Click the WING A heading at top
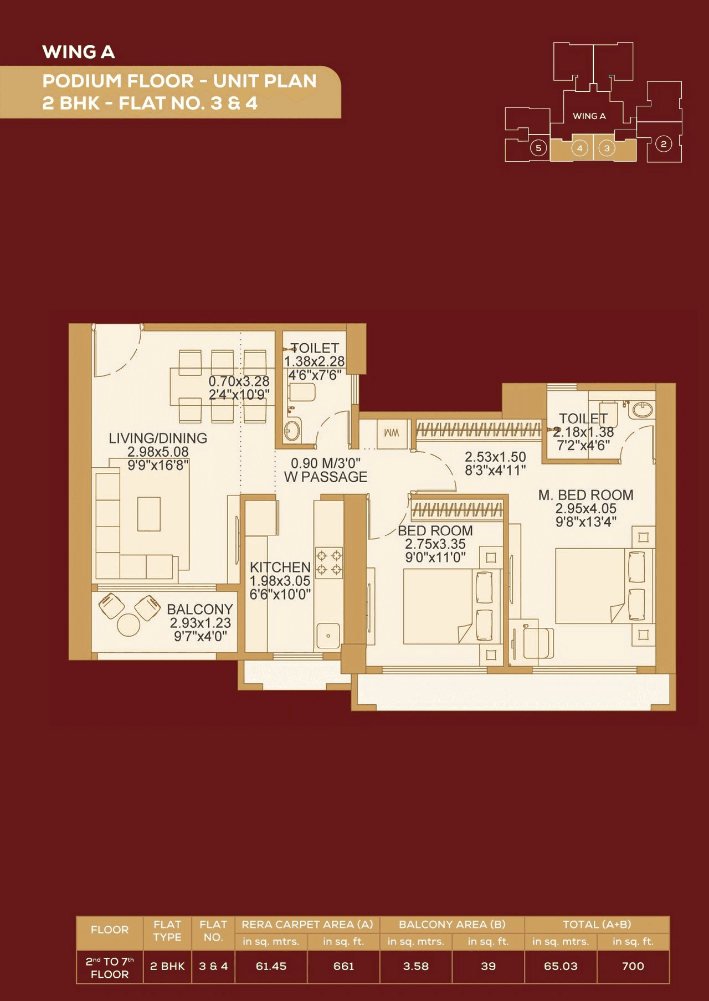(x=79, y=52)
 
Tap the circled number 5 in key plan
(x=538, y=148)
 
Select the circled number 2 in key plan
(x=664, y=145)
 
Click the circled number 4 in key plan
(x=579, y=148)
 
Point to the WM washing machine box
(x=392, y=432)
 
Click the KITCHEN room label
(x=280, y=567)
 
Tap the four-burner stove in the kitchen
(x=328, y=563)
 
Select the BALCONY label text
(x=199, y=609)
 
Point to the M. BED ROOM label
(x=585, y=495)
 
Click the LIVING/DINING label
(x=158, y=438)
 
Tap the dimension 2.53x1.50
(x=495, y=457)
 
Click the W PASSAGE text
(x=326, y=477)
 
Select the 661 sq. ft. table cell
(x=343, y=966)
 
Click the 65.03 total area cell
(x=561, y=966)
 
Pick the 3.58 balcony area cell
(x=415, y=966)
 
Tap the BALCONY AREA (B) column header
(x=452, y=924)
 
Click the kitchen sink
(x=328, y=636)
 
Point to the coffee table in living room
(x=149, y=514)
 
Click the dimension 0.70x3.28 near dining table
(x=239, y=381)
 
